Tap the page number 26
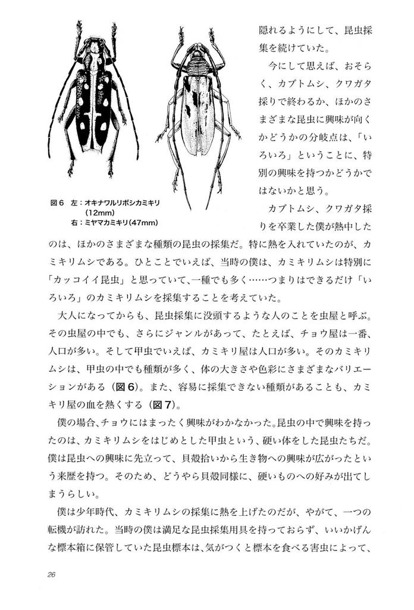point(50,575)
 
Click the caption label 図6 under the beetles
point(57,203)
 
